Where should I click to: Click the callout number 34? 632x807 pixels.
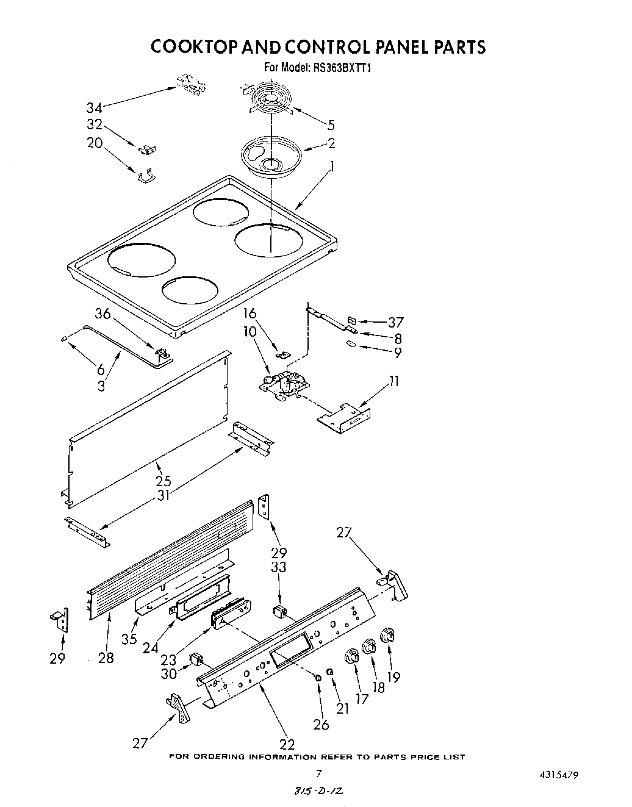click(x=94, y=108)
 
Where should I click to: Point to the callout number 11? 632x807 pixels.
click(x=394, y=381)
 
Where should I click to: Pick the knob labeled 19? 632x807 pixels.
click(x=387, y=636)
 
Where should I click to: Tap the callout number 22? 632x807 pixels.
click(x=286, y=744)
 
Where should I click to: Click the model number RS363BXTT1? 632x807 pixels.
click(x=343, y=68)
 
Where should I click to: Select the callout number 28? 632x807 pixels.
click(x=106, y=658)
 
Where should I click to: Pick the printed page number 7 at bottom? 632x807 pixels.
click(x=318, y=773)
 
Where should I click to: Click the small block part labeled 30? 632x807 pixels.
click(x=196, y=658)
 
